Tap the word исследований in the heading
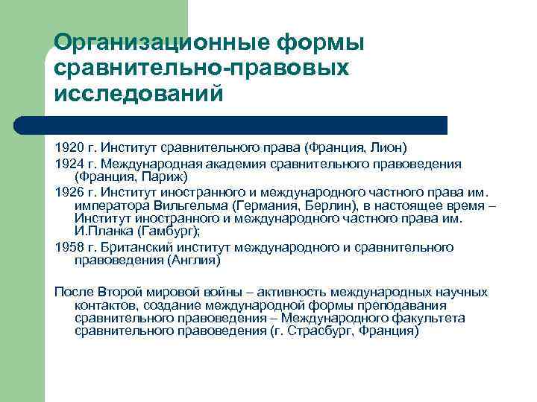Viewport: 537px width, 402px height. pos(139,94)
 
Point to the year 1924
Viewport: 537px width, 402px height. pos(69,164)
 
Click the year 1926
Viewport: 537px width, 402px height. pos(69,192)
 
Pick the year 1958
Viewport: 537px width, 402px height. pos(69,247)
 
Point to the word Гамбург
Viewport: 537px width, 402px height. pos(172,232)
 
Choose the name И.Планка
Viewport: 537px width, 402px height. pos(101,232)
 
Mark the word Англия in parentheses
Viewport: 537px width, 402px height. pos(195,261)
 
